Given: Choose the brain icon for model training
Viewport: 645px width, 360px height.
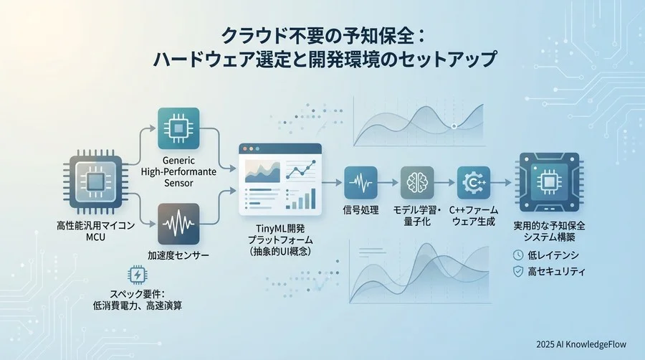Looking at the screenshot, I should pos(418,184).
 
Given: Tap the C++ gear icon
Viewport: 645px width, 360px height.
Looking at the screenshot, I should pos(474,184).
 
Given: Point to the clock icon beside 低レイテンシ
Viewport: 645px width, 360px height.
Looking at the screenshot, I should pos(517,255).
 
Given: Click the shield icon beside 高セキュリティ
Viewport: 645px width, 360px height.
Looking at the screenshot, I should pos(517,272).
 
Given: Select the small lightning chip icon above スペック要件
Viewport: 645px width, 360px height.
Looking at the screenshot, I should pos(136,275).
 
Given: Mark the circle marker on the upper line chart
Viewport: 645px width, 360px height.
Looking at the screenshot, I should pos(454,126).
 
